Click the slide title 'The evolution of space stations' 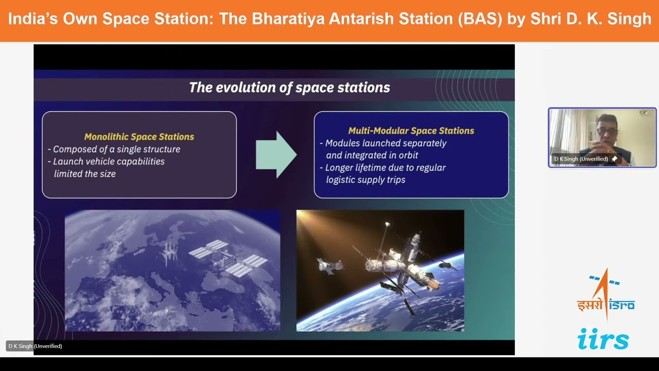click(289, 87)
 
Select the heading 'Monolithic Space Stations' click(139, 137)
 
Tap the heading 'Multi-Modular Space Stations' click(411, 130)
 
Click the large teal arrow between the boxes click(276, 154)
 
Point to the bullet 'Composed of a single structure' click(116, 149)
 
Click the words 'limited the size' click(85, 174)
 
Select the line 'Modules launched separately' click(386, 143)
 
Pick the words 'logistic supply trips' click(366, 180)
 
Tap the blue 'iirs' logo click(603, 339)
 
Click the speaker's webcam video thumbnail click(602, 137)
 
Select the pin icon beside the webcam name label click(614, 159)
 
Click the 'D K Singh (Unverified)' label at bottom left click(35, 346)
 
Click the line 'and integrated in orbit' click(372, 155)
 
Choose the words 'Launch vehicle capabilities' click(109, 161)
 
